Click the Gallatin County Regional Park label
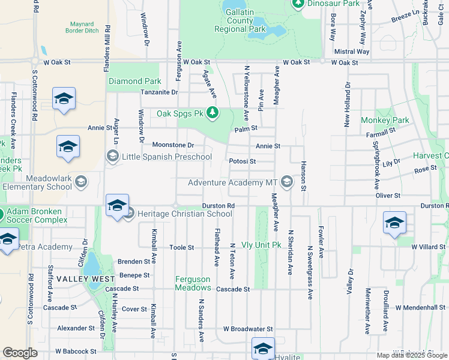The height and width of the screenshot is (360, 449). point(240,20)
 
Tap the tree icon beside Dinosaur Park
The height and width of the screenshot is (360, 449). point(298,4)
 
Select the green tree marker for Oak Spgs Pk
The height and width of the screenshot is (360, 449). point(212,112)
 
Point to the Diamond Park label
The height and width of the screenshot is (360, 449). point(134,81)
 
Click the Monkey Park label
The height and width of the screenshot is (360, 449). point(385,120)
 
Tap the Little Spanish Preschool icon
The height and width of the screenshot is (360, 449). point(112,157)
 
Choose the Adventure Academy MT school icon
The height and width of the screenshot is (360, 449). point(287,182)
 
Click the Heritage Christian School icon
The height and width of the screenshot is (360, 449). point(128,214)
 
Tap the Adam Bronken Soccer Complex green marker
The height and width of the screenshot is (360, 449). point(2,214)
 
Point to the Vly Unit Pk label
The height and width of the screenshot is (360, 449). point(261,245)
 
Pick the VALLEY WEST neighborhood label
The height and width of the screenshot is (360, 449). point(82,279)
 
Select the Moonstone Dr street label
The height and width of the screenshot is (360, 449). point(173,145)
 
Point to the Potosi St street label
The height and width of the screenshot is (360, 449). point(243,161)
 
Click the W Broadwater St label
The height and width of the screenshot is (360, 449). point(248,329)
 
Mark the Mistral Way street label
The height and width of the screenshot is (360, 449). point(352,52)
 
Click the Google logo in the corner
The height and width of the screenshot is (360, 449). point(20,353)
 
